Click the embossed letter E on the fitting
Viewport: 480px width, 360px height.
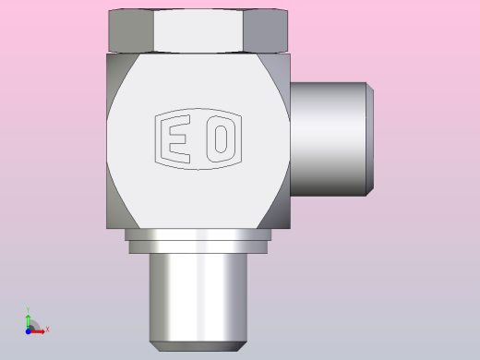(x=174, y=138)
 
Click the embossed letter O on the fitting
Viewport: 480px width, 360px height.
(x=221, y=138)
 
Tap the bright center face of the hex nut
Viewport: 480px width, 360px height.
(x=198, y=30)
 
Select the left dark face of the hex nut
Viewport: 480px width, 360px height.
(x=131, y=30)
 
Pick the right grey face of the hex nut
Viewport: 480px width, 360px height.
(x=266, y=30)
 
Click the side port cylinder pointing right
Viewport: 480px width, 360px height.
(x=329, y=138)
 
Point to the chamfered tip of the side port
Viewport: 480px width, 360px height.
(x=370, y=138)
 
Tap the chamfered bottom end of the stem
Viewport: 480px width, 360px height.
(x=198, y=346)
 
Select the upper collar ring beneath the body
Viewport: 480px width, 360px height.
(x=198, y=234)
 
